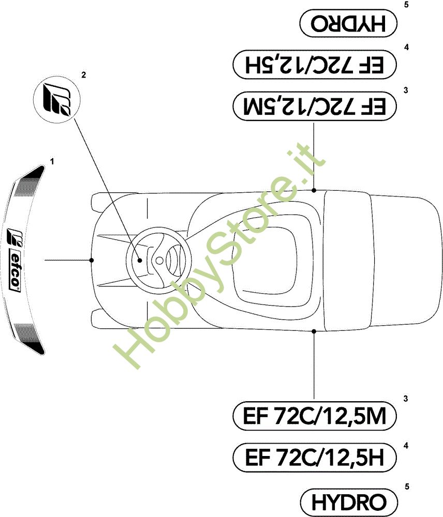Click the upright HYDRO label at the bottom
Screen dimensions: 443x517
(x=349, y=502)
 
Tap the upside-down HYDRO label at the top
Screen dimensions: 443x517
(x=348, y=23)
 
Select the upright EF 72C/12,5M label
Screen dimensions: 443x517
(x=314, y=416)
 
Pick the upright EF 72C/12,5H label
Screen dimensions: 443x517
(x=314, y=458)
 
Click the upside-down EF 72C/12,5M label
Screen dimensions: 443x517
(x=314, y=106)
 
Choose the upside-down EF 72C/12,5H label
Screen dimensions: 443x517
(x=314, y=64)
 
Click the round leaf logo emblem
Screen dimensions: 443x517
(x=57, y=99)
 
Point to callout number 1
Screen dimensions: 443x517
(x=52, y=161)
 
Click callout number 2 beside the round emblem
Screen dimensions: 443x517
(x=83, y=75)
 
